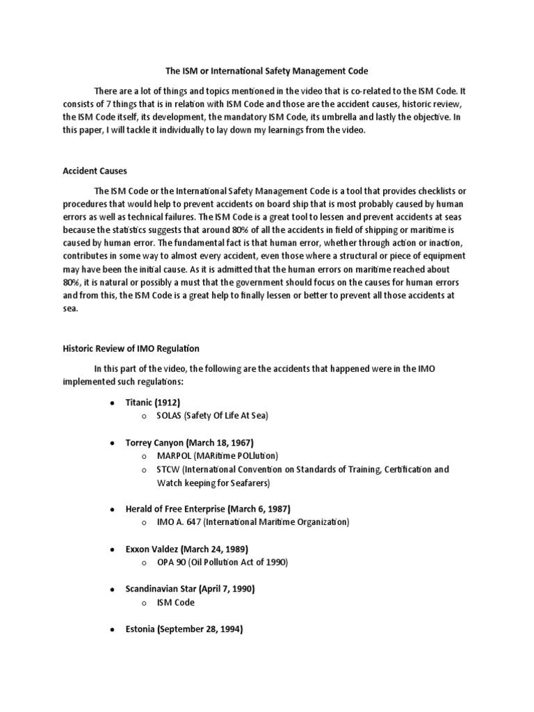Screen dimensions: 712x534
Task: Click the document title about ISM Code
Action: click(266, 71)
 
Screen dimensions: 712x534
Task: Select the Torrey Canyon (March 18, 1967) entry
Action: click(189, 442)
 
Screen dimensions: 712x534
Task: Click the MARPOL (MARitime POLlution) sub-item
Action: click(217, 456)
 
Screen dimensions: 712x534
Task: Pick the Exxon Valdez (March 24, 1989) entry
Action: click(186, 549)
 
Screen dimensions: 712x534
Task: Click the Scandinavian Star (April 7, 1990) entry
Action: click(190, 589)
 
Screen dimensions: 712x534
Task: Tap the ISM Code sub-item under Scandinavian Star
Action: click(176, 602)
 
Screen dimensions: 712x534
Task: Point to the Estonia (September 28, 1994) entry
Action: click(184, 629)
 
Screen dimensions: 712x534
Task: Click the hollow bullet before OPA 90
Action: click(143, 563)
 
